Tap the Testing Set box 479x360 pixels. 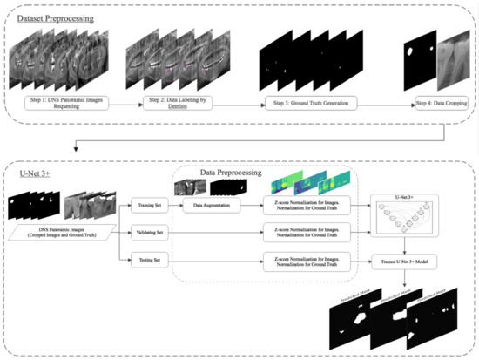(x=147, y=258)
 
